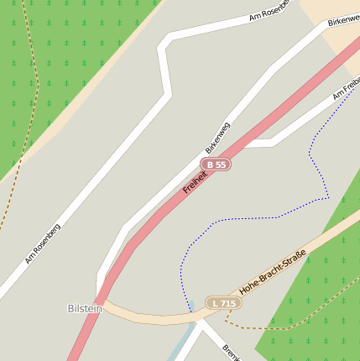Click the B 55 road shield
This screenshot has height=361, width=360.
(x=216, y=165)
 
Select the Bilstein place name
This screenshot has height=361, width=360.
(x=85, y=309)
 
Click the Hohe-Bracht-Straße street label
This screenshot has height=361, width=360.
(x=273, y=271)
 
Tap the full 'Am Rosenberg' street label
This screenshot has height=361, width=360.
(x=43, y=243)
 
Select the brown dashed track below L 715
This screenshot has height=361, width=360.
(x=277, y=327)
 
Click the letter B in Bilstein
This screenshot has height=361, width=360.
(x=70, y=309)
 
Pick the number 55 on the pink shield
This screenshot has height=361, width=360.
(x=221, y=165)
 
